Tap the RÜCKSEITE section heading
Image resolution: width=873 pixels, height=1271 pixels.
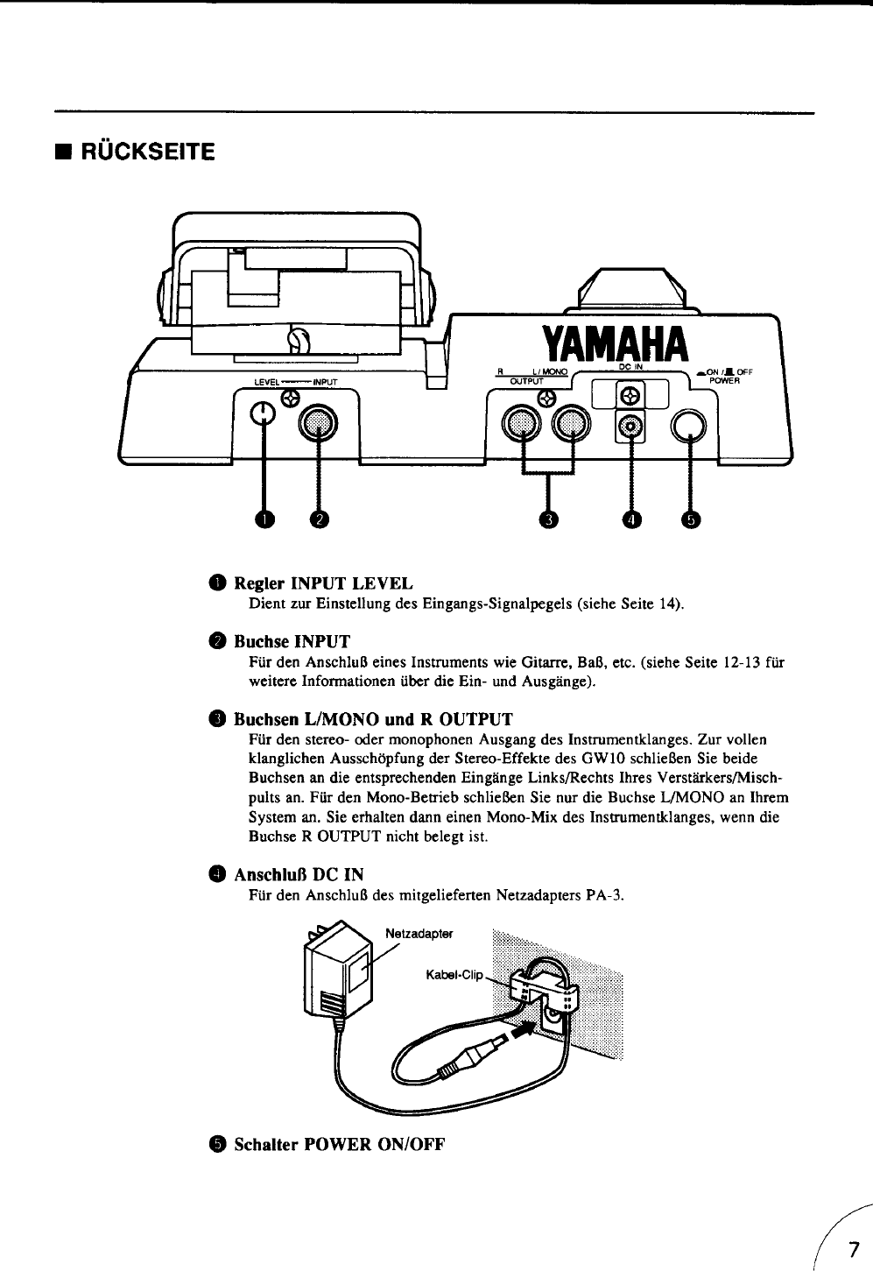coord(145,152)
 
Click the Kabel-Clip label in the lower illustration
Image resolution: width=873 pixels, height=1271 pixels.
coord(454,974)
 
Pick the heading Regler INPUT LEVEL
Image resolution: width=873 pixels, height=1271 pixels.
coord(323,583)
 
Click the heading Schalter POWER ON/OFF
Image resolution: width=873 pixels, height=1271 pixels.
coord(340,1145)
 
